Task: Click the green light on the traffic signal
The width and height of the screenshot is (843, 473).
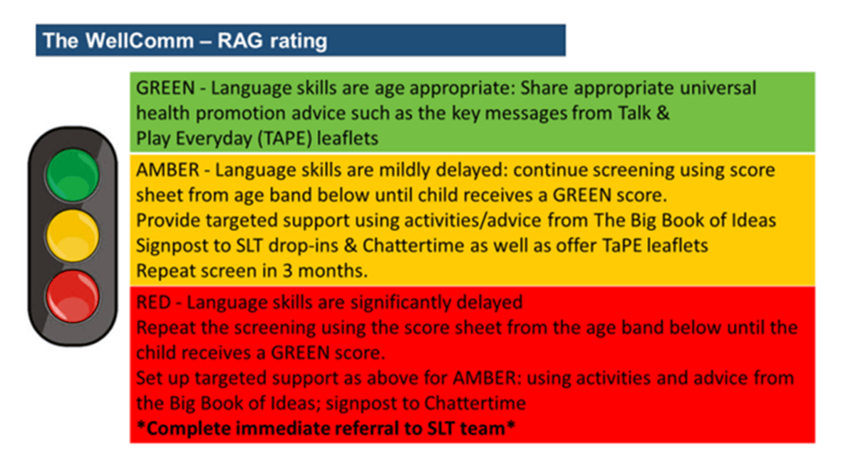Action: pos(72,176)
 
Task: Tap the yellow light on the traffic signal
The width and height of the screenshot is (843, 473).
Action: pos(72,236)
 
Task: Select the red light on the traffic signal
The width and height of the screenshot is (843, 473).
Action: pos(72,297)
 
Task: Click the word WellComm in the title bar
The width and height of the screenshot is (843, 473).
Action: pos(139,41)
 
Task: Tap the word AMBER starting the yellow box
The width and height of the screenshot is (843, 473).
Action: pos(168,170)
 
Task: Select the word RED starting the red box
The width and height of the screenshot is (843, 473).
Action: pos(153,302)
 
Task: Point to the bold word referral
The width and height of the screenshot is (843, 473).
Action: pos(366,429)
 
